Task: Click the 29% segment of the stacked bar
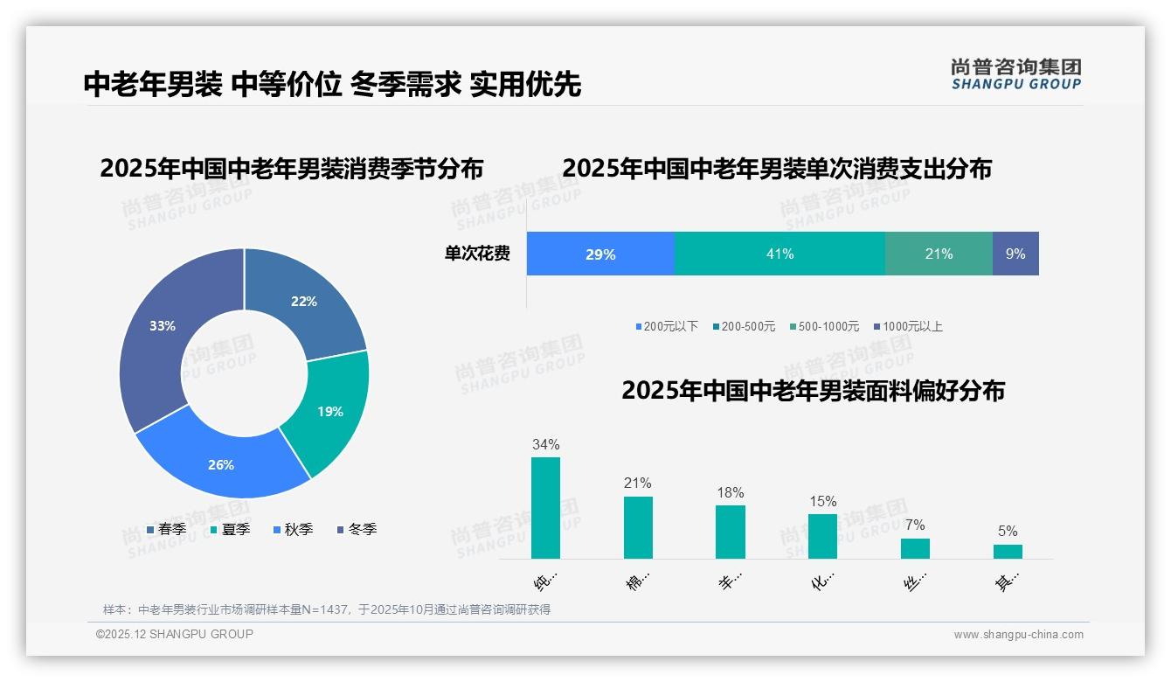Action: tap(600, 254)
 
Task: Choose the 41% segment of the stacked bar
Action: tap(780, 254)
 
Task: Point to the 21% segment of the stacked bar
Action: tap(939, 254)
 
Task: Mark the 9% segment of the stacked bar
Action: tap(1015, 254)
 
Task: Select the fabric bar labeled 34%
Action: tap(545, 507)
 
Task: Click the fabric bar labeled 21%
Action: tap(638, 527)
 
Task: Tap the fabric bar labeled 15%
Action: tap(822, 536)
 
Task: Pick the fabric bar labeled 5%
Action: tap(1008, 551)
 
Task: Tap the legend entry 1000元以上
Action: tap(911, 326)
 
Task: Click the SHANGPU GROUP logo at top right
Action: tap(1015, 74)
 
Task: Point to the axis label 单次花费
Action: tap(477, 254)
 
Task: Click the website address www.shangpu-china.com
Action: tap(1018, 634)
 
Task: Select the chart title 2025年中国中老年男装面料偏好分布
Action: tap(813, 391)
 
